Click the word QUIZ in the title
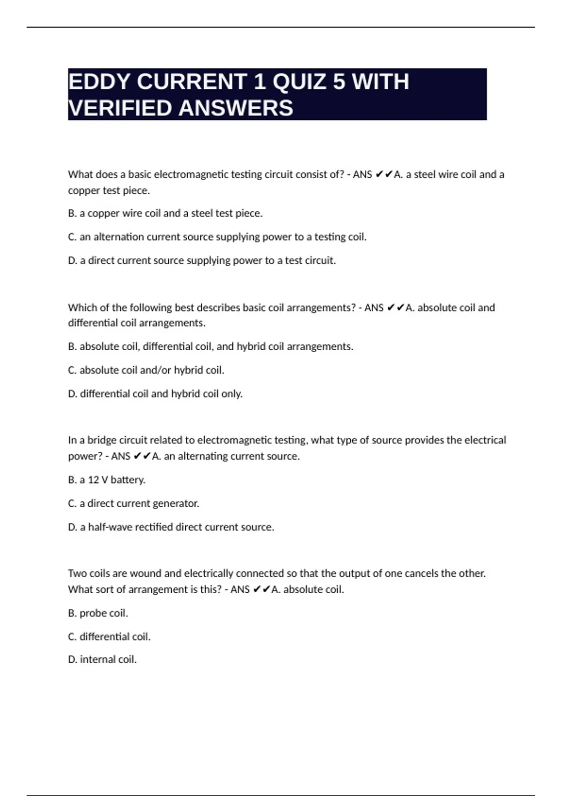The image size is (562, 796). tap(299, 82)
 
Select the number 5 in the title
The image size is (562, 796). tap(339, 82)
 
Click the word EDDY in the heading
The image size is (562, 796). tap(99, 82)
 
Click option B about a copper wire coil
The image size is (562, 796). tap(165, 214)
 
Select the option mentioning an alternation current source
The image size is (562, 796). tap(217, 237)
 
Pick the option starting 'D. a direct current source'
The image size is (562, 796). tap(202, 260)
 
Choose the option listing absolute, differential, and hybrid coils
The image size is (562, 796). tap(210, 346)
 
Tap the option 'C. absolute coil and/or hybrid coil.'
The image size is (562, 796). tap(146, 370)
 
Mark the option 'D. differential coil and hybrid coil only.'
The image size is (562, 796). tap(155, 394)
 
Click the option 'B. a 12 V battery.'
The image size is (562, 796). tap(107, 480)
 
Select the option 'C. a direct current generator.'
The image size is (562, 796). tap(133, 503)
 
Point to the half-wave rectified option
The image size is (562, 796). tap(171, 527)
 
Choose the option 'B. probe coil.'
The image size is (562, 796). tap(98, 613)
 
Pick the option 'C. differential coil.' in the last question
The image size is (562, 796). tap(109, 637)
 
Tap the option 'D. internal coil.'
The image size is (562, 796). tap(102, 660)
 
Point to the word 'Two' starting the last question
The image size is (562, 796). tap(77, 574)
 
